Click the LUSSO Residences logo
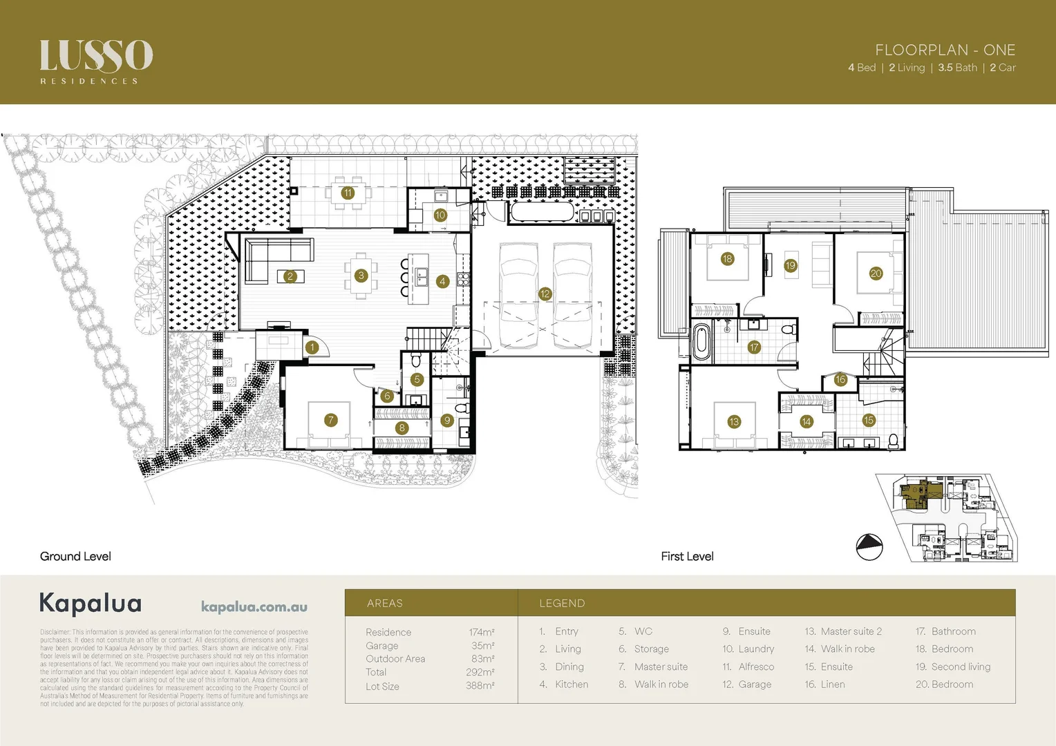click(x=96, y=61)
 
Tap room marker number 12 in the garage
click(x=545, y=294)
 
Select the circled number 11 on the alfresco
click(x=348, y=193)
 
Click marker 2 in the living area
click(x=290, y=276)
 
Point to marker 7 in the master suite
click(x=331, y=420)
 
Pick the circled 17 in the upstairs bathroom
click(x=753, y=347)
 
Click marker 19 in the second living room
click(x=790, y=265)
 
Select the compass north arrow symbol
click(x=869, y=547)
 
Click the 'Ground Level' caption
click(x=75, y=556)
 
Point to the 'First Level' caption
click(x=687, y=556)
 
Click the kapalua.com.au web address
click(x=254, y=606)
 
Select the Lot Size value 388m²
click(x=480, y=686)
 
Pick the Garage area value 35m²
click(x=482, y=645)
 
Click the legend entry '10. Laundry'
click(x=748, y=649)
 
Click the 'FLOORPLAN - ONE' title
click(x=945, y=50)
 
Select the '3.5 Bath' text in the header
click(x=957, y=68)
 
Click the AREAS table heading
click(x=384, y=603)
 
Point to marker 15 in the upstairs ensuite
click(x=869, y=420)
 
